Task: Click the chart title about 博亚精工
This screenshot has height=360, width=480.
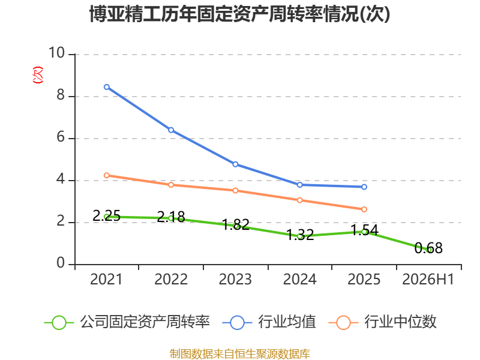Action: point(239,14)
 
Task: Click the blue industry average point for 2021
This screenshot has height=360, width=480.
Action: point(107,87)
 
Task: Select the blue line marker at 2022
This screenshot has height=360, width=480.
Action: point(171,130)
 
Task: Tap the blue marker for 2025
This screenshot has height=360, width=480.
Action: point(364,187)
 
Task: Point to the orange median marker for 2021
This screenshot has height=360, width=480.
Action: point(107,175)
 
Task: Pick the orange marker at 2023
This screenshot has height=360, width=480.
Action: point(235,190)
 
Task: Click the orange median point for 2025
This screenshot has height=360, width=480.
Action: point(364,209)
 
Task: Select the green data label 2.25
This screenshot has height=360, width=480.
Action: point(107,215)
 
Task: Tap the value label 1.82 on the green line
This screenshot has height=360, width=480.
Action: point(235,224)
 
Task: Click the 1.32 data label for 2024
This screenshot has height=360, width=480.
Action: point(300,235)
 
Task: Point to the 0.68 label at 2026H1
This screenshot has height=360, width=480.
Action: point(428,248)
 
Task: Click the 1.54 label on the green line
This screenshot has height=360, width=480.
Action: point(364,230)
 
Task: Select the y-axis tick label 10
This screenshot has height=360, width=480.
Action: point(57,53)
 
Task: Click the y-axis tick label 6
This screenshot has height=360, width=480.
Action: point(61,137)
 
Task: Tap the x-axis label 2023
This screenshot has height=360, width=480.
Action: point(235,279)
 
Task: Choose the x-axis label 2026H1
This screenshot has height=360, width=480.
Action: point(428,279)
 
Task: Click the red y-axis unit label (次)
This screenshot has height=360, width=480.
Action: point(38,75)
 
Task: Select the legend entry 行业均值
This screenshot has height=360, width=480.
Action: point(269,322)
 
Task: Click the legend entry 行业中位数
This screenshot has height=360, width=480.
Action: point(382,322)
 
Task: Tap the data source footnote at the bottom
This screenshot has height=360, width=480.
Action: point(239,354)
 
